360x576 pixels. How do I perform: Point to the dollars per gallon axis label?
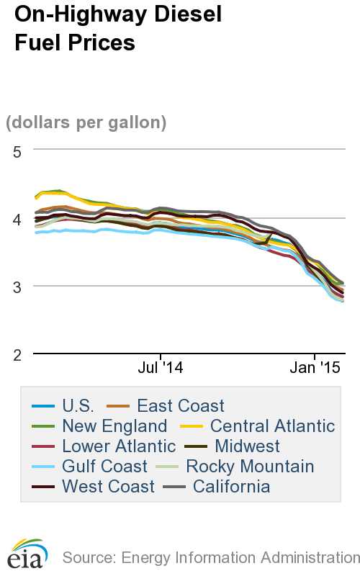click(x=86, y=122)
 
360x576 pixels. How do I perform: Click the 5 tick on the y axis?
click(x=17, y=150)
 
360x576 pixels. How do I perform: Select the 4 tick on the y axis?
click(x=17, y=218)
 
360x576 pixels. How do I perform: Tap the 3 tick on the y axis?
click(x=17, y=287)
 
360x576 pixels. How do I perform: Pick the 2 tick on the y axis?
click(x=17, y=354)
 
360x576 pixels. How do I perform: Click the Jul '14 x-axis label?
click(x=160, y=368)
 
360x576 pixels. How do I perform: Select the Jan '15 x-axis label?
click(x=314, y=368)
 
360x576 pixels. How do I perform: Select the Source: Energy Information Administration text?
click(x=210, y=557)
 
